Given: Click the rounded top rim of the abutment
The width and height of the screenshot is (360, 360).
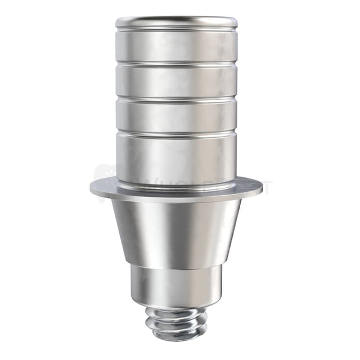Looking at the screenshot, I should [176, 22].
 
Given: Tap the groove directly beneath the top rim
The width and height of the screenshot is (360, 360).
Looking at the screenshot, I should [176, 29].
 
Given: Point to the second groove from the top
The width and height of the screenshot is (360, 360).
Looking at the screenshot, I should [176, 64].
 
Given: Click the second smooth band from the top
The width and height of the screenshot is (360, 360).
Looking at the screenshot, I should [176, 80].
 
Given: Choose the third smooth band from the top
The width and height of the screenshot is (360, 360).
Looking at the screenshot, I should [176, 115].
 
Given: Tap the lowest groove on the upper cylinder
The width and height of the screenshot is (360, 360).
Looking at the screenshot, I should [176, 134].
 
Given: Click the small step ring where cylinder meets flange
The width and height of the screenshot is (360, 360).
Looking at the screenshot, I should [176, 179].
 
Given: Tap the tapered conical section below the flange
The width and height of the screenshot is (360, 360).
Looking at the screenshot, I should [176, 231].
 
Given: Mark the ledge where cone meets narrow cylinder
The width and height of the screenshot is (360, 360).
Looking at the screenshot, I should [176, 265].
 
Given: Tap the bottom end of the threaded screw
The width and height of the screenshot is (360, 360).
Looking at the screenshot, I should [177, 337].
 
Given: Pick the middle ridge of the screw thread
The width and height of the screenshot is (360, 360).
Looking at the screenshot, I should [176, 322].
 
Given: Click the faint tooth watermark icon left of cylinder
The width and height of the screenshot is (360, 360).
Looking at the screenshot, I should [104, 174].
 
